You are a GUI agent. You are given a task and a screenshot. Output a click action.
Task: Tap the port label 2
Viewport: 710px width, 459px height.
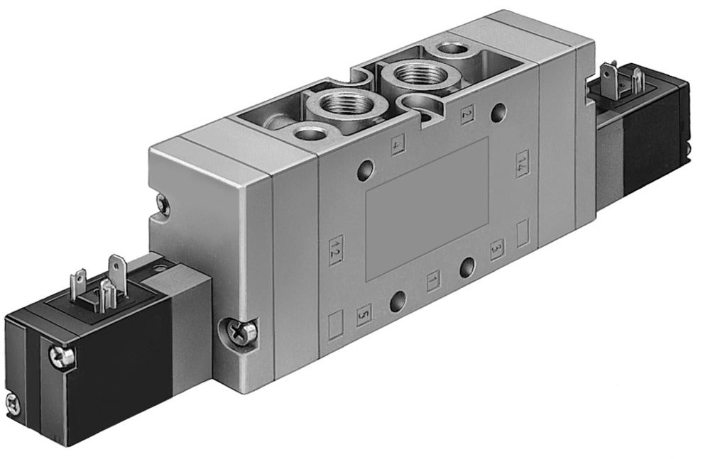(466, 116)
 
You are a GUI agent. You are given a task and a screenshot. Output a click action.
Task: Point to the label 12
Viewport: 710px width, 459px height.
(335, 249)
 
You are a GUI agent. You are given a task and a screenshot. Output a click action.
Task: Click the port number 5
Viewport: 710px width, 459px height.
(364, 311)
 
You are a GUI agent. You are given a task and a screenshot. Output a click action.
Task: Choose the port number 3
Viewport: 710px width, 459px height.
(496, 250)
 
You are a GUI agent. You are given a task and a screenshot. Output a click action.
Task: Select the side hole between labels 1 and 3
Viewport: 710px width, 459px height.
(466, 267)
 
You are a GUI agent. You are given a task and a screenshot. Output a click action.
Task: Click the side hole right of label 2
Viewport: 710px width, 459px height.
(502, 111)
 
